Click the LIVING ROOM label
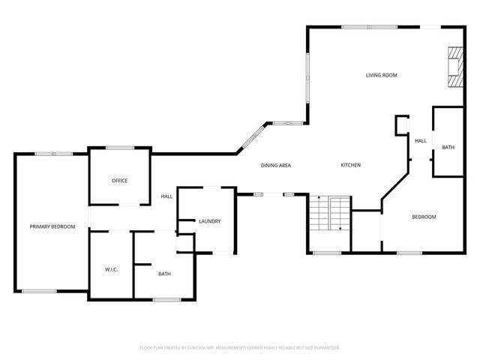[381, 75]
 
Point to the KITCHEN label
[351, 165]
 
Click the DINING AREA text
[275, 165]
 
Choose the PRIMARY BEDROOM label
[52, 226]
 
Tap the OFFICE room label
[119, 181]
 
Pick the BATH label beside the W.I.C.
[164, 274]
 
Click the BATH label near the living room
[448, 147]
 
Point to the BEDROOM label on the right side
[424, 217]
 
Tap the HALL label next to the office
[166, 196]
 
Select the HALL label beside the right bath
[421, 140]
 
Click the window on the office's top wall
[119, 148]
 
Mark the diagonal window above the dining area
[250, 139]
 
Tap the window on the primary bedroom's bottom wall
[39, 291]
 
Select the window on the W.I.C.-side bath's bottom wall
[166, 300]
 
